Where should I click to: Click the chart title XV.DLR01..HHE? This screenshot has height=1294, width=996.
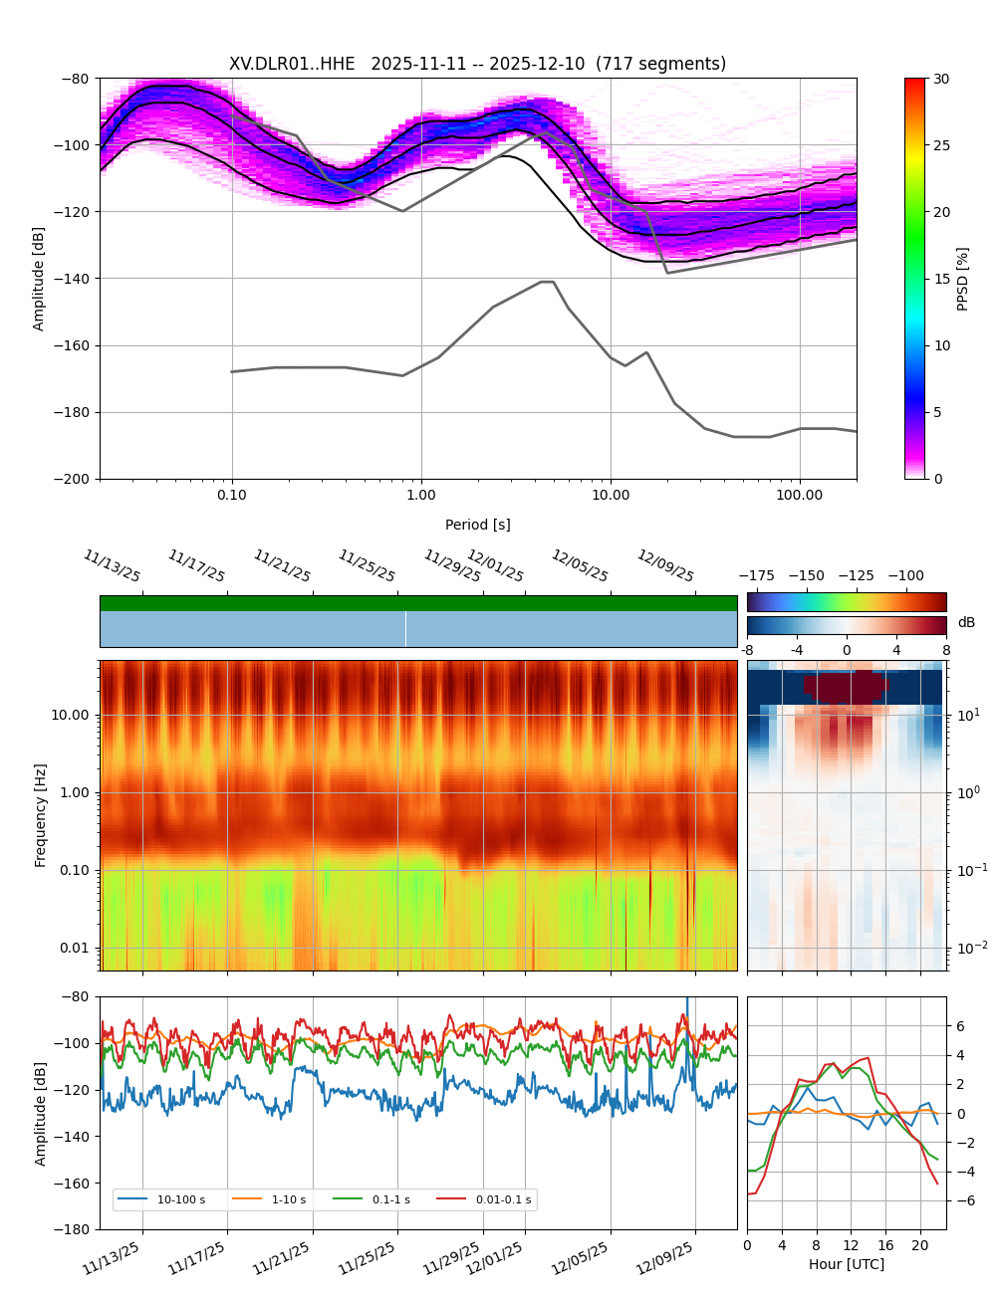click(292, 64)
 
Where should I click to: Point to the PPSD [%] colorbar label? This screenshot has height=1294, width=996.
click(963, 279)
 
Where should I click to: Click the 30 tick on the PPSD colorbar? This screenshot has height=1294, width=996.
click(941, 79)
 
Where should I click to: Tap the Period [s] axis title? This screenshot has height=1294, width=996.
click(477, 525)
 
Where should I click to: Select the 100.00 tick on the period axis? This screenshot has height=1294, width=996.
click(800, 495)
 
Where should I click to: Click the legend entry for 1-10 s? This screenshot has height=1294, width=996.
click(289, 1199)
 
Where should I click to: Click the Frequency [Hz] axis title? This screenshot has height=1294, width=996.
click(41, 815)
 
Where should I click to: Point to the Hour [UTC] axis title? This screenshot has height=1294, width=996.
click(846, 1264)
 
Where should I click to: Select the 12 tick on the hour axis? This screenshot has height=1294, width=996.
click(851, 1245)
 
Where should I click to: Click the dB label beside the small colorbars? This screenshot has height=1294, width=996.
click(966, 623)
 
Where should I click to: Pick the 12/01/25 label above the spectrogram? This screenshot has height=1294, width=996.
click(495, 566)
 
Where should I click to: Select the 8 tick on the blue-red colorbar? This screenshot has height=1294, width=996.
click(946, 650)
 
